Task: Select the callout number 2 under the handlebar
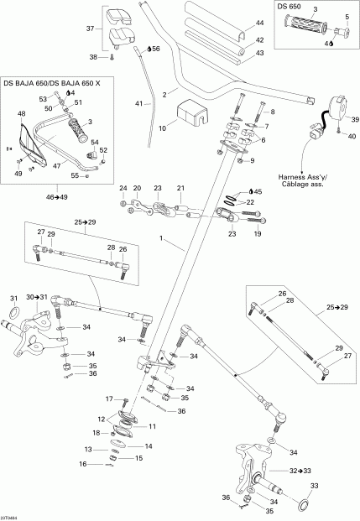[166, 93]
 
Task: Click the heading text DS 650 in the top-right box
[291, 8]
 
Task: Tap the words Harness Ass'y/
[310, 175]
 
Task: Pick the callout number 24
[122, 188]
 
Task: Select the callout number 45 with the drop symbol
[258, 191]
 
